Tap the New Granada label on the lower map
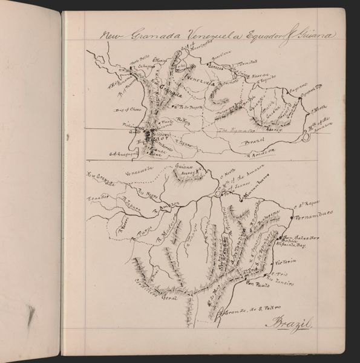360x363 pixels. click(101, 177)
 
